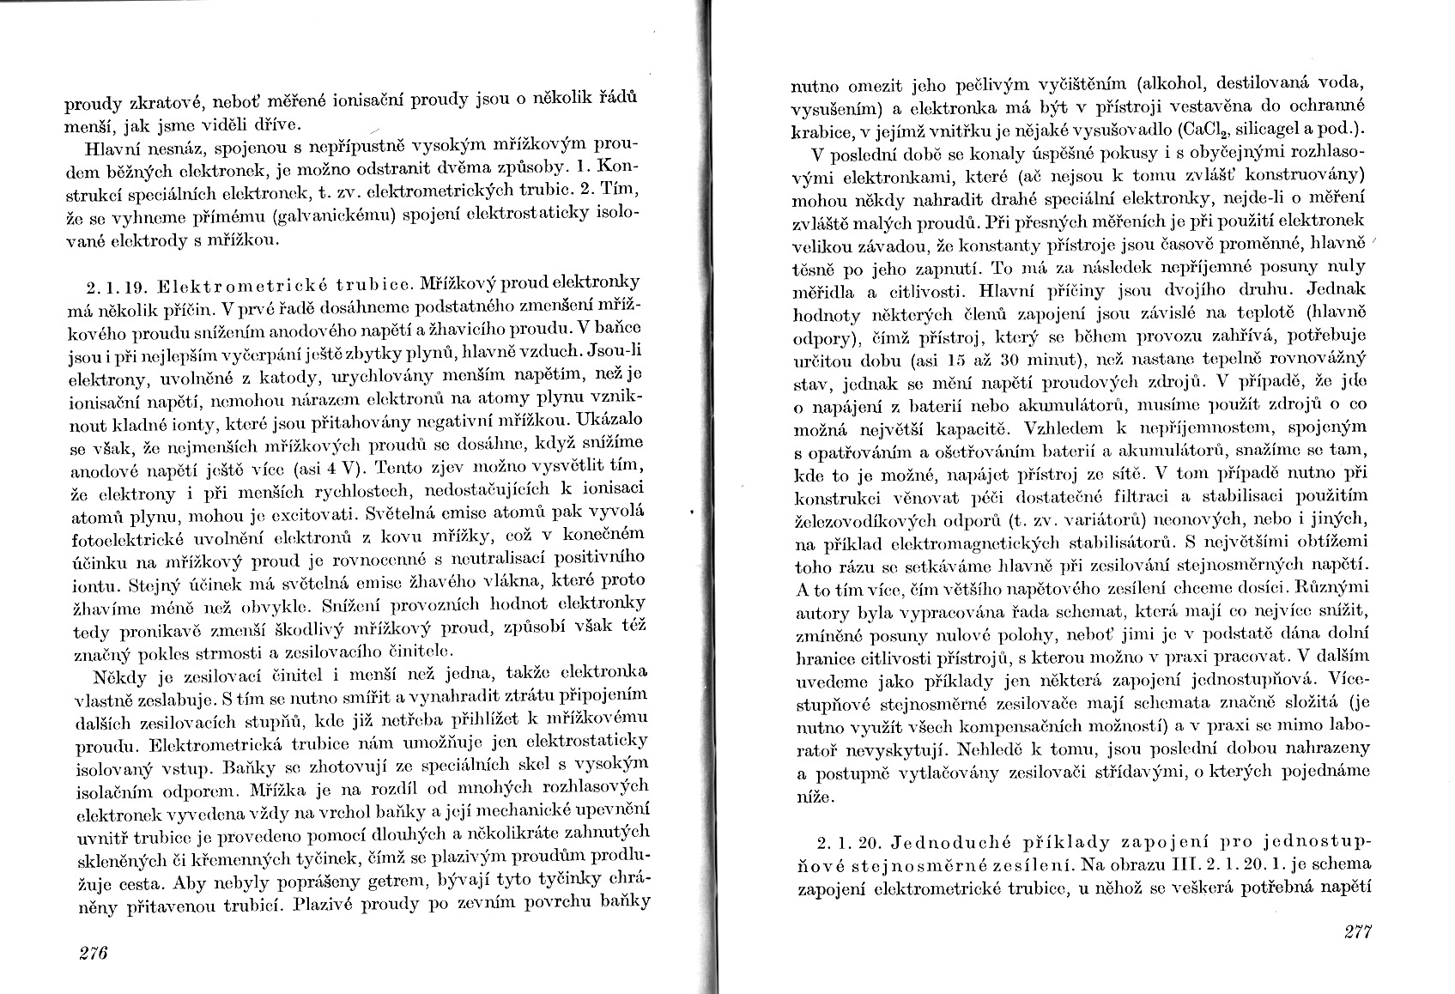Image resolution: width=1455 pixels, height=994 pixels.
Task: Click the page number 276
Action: [91, 953]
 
